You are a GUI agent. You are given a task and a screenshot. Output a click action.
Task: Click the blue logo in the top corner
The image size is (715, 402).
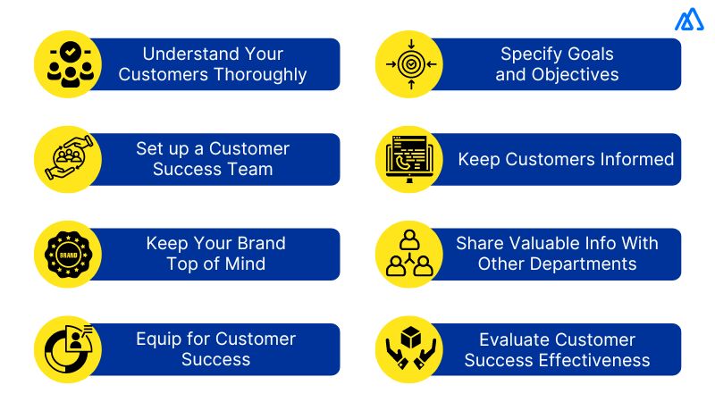689,20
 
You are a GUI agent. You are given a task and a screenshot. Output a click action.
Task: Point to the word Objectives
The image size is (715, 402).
574,75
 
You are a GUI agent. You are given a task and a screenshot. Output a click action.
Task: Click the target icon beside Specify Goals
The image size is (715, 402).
410,64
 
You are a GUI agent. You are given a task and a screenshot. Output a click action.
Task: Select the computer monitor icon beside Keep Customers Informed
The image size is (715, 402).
410,159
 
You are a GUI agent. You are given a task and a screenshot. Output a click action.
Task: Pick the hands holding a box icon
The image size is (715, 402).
410,349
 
